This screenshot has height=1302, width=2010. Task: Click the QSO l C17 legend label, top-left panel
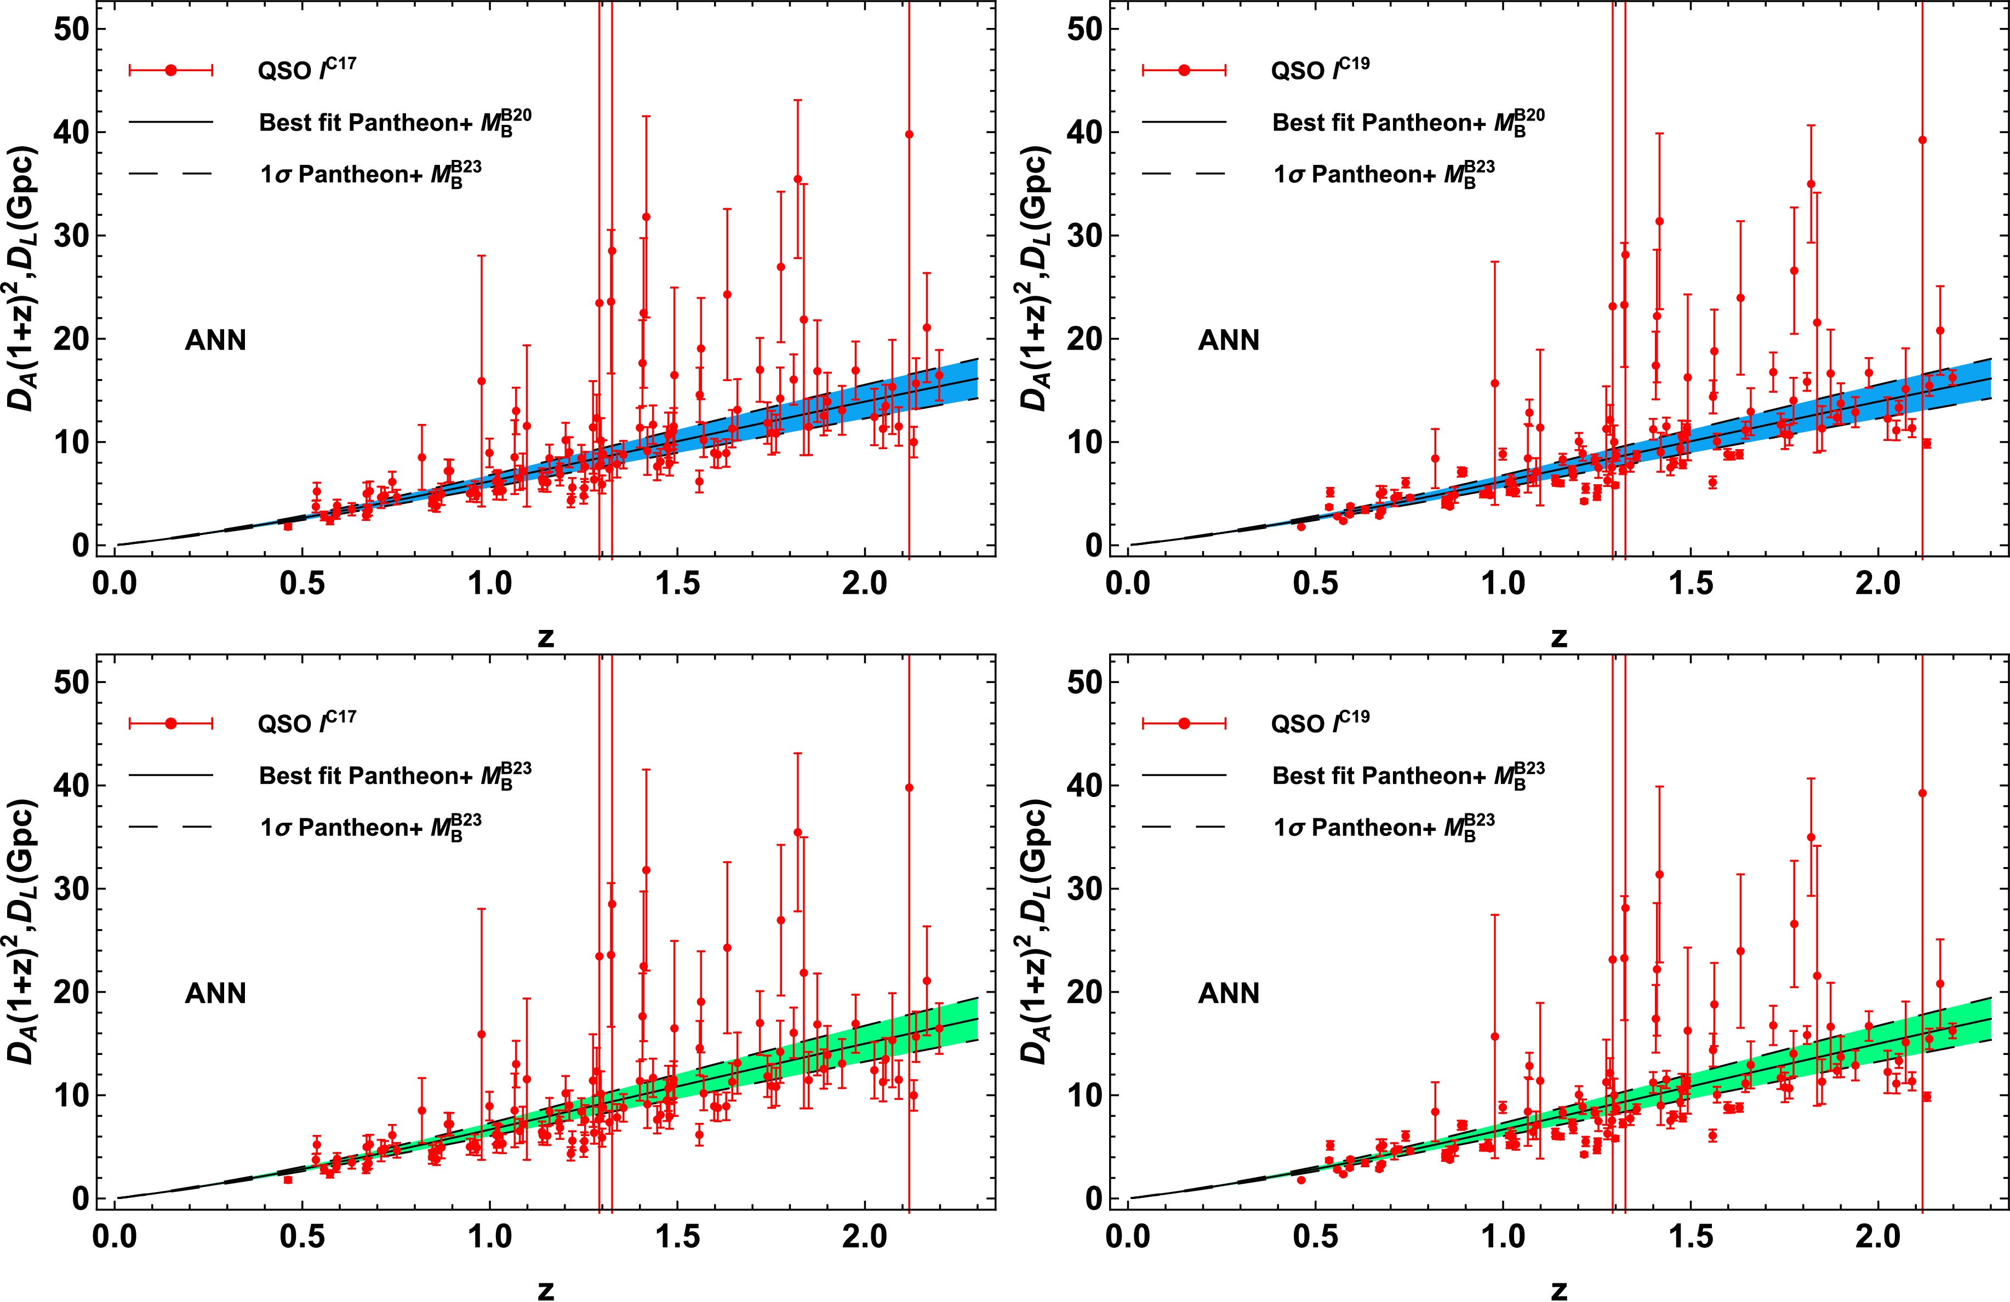[x=306, y=69]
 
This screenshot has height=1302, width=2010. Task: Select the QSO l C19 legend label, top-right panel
[x=1319, y=69]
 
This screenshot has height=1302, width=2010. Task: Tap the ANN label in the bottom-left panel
[x=215, y=993]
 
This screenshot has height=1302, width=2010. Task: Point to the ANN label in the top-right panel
[x=1229, y=340]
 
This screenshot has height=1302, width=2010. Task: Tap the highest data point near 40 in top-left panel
[x=909, y=134]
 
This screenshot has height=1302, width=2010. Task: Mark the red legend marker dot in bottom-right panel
[x=1184, y=724]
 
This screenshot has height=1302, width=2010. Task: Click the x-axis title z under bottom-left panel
[x=546, y=1289]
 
